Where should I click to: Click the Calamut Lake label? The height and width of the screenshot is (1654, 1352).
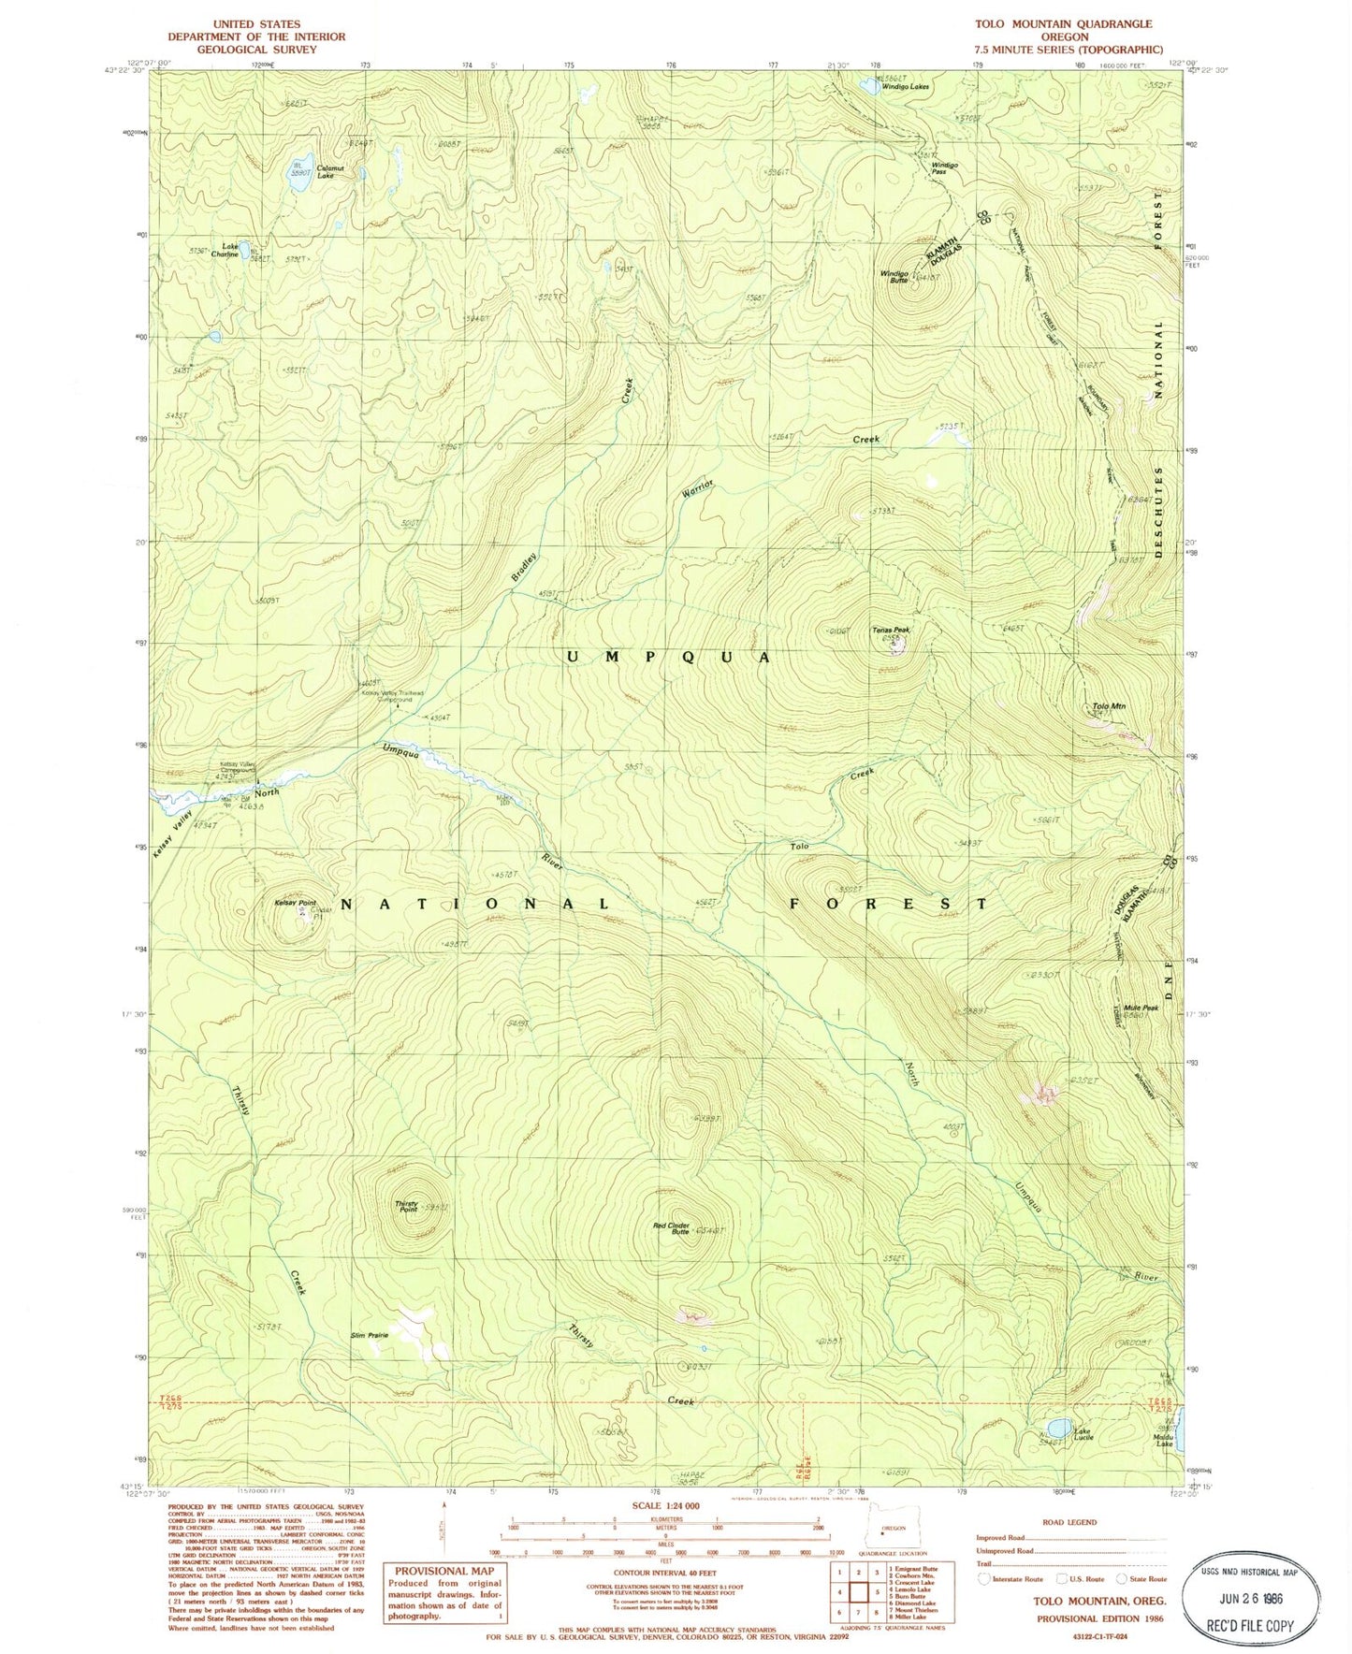pos(325,172)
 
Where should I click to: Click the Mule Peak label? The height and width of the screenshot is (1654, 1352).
pos(1141,1008)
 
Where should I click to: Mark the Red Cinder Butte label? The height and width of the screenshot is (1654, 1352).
pos(673,1227)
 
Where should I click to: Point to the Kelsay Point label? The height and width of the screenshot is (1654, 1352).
pos(294,903)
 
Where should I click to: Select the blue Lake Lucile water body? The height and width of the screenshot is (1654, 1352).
pos(1059,1428)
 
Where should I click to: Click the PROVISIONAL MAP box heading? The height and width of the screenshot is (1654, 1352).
pos(443,1571)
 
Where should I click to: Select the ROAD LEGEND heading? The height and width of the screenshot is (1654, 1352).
pos(1069,1522)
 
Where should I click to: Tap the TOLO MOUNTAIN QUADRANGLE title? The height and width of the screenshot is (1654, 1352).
pos(1063,23)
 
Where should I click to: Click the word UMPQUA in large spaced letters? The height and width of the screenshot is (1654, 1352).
pos(668,657)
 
